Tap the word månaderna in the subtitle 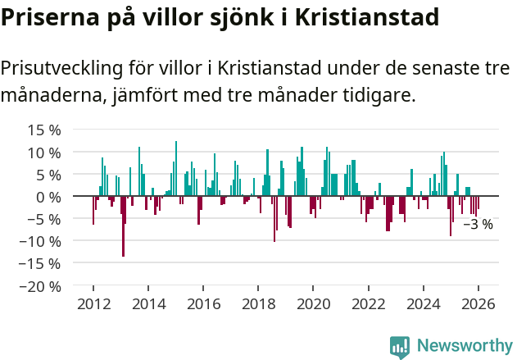(52, 96)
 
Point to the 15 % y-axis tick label (44, 130)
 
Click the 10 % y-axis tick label (44, 153)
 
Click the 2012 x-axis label (93, 303)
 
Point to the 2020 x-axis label (313, 303)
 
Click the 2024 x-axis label (424, 303)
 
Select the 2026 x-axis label (478, 303)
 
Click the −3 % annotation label (478, 224)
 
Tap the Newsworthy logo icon (400, 347)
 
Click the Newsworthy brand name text (464, 346)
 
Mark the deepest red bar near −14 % (123, 226)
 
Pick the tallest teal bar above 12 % (175, 169)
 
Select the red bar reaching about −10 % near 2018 (274, 219)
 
